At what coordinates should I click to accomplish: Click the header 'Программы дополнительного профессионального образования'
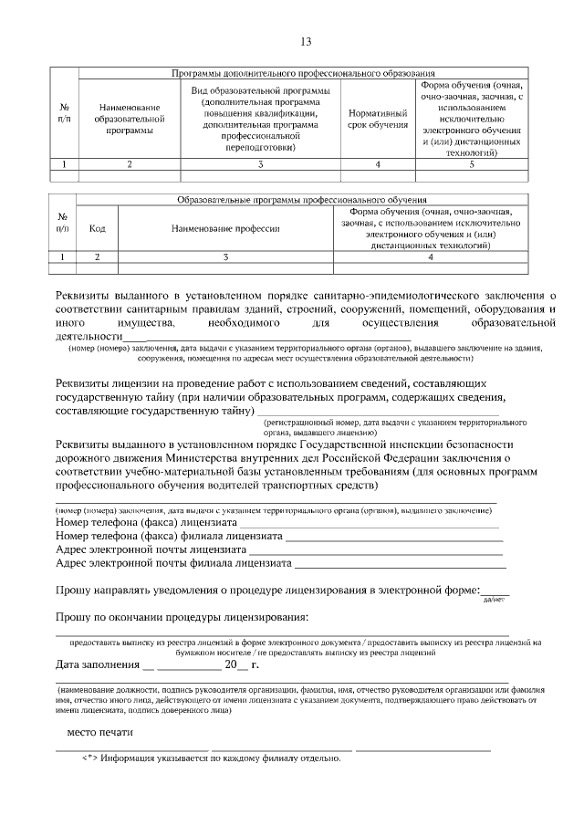303,72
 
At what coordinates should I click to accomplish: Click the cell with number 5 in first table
472,164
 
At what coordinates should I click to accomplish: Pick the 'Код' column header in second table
98,228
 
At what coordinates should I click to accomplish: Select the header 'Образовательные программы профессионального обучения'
301,199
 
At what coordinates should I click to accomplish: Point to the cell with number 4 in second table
430,257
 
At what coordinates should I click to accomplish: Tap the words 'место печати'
100,732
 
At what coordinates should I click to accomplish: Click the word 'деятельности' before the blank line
89,337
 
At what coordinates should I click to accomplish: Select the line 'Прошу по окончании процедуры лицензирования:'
182,619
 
